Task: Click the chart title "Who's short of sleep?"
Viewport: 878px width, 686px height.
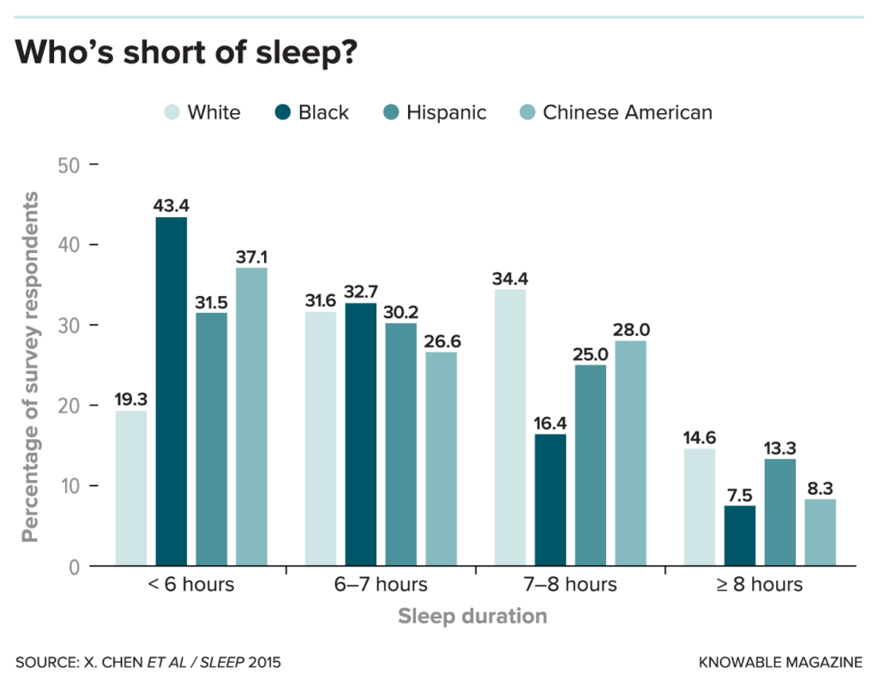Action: [x=185, y=52]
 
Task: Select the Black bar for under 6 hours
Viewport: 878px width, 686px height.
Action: [x=171, y=391]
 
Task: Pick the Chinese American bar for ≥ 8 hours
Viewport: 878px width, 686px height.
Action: [x=820, y=532]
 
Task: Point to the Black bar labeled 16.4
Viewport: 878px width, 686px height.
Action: [x=550, y=499]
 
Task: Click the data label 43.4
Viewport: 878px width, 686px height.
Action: [x=171, y=206]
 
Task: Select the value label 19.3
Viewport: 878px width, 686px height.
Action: [x=131, y=400]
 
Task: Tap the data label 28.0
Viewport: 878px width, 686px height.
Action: [x=630, y=330]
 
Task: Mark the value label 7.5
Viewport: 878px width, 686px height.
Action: [x=739, y=495]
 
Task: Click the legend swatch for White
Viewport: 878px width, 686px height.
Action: [x=172, y=112]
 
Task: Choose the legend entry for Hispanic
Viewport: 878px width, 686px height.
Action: [x=446, y=112]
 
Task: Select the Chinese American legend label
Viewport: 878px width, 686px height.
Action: [x=627, y=112]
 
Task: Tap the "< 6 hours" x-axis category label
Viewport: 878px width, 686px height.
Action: [x=190, y=585]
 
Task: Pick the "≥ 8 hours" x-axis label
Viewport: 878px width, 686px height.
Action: [x=760, y=585]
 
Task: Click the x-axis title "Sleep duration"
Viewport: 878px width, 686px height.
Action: [x=472, y=616]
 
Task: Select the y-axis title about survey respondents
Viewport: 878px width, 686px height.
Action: [x=31, y=367]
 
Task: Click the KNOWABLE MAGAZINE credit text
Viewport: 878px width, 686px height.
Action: [x=780, y=663]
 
